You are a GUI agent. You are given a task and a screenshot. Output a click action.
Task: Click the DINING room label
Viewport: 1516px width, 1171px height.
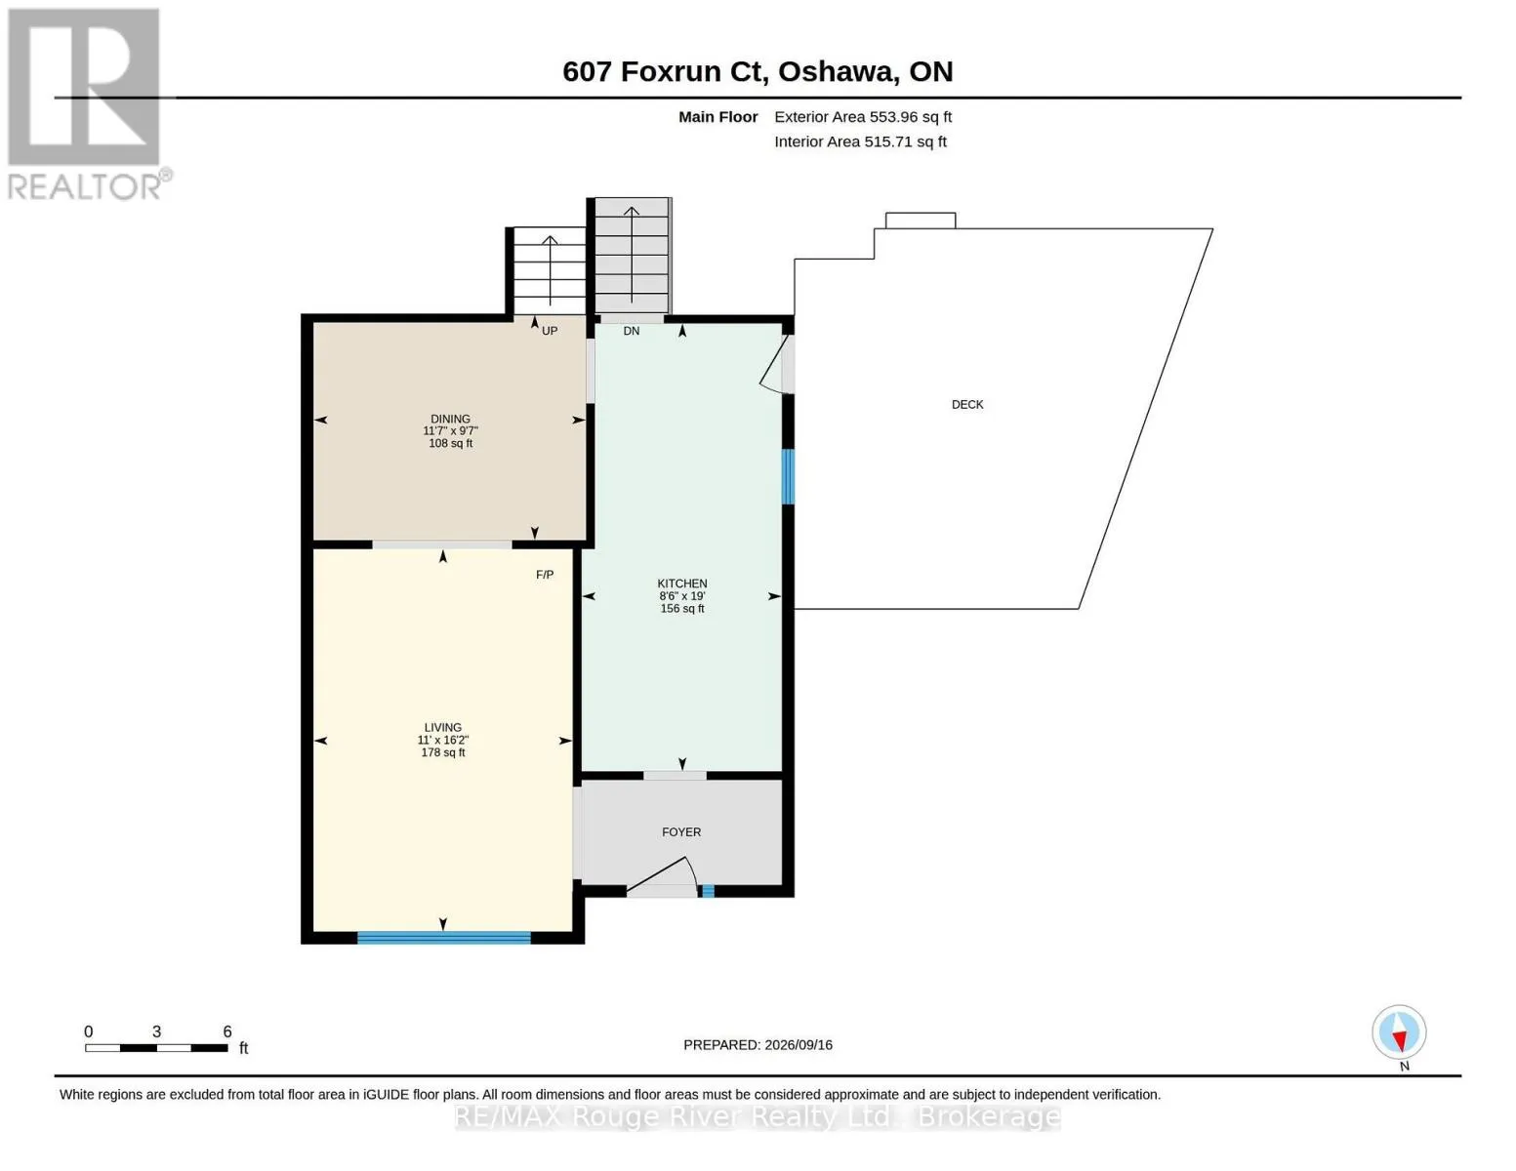coord(450,420)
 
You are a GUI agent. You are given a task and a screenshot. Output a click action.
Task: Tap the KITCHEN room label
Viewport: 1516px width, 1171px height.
coord(681,583)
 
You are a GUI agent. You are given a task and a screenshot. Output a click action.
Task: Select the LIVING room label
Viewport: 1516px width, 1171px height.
coord(443,727)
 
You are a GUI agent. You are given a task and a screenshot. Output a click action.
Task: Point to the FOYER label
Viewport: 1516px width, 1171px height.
coord(681,832)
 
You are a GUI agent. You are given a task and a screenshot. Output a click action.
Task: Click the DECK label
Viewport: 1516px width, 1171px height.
coord(967,405)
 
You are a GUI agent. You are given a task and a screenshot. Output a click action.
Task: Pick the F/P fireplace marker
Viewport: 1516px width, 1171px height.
coord(544,575)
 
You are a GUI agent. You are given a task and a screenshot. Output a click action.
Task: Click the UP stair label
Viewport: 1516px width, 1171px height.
coord(550,331)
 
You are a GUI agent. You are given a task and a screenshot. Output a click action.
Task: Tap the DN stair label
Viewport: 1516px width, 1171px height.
coord(631,331)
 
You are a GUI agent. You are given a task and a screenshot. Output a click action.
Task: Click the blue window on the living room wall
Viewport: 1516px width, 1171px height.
coord(444,938)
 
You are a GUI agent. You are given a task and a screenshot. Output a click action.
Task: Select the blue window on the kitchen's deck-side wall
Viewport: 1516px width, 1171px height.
coord(788,476)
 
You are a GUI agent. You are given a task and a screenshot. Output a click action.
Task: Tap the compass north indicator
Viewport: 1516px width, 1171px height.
coord(1399,1033)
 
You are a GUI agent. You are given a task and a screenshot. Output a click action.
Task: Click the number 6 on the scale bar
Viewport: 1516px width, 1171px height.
coord(227,1030)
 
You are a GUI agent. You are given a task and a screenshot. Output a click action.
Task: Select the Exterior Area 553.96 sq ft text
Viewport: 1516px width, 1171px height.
coord(863,117)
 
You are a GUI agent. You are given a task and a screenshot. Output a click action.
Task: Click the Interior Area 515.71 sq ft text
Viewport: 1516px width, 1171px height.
coord(860,141)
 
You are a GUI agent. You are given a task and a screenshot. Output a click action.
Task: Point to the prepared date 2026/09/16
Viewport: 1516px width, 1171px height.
coord(799,1045)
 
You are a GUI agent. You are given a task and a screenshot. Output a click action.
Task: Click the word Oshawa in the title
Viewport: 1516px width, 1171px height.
coord(838,72)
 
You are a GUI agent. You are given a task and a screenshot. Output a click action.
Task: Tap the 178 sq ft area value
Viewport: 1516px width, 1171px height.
coord(443,752)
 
